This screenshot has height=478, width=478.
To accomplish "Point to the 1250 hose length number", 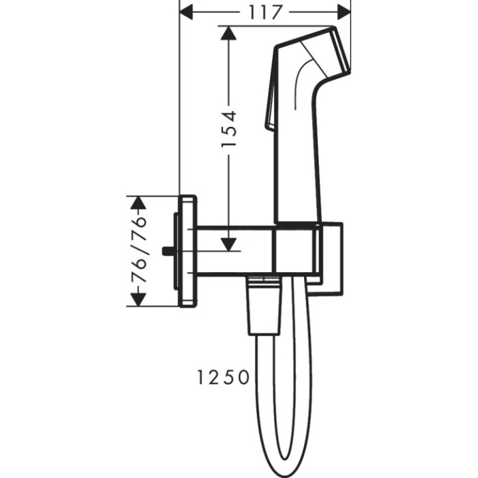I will click(223, 378).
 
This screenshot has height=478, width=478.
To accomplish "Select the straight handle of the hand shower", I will click(299, 166).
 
